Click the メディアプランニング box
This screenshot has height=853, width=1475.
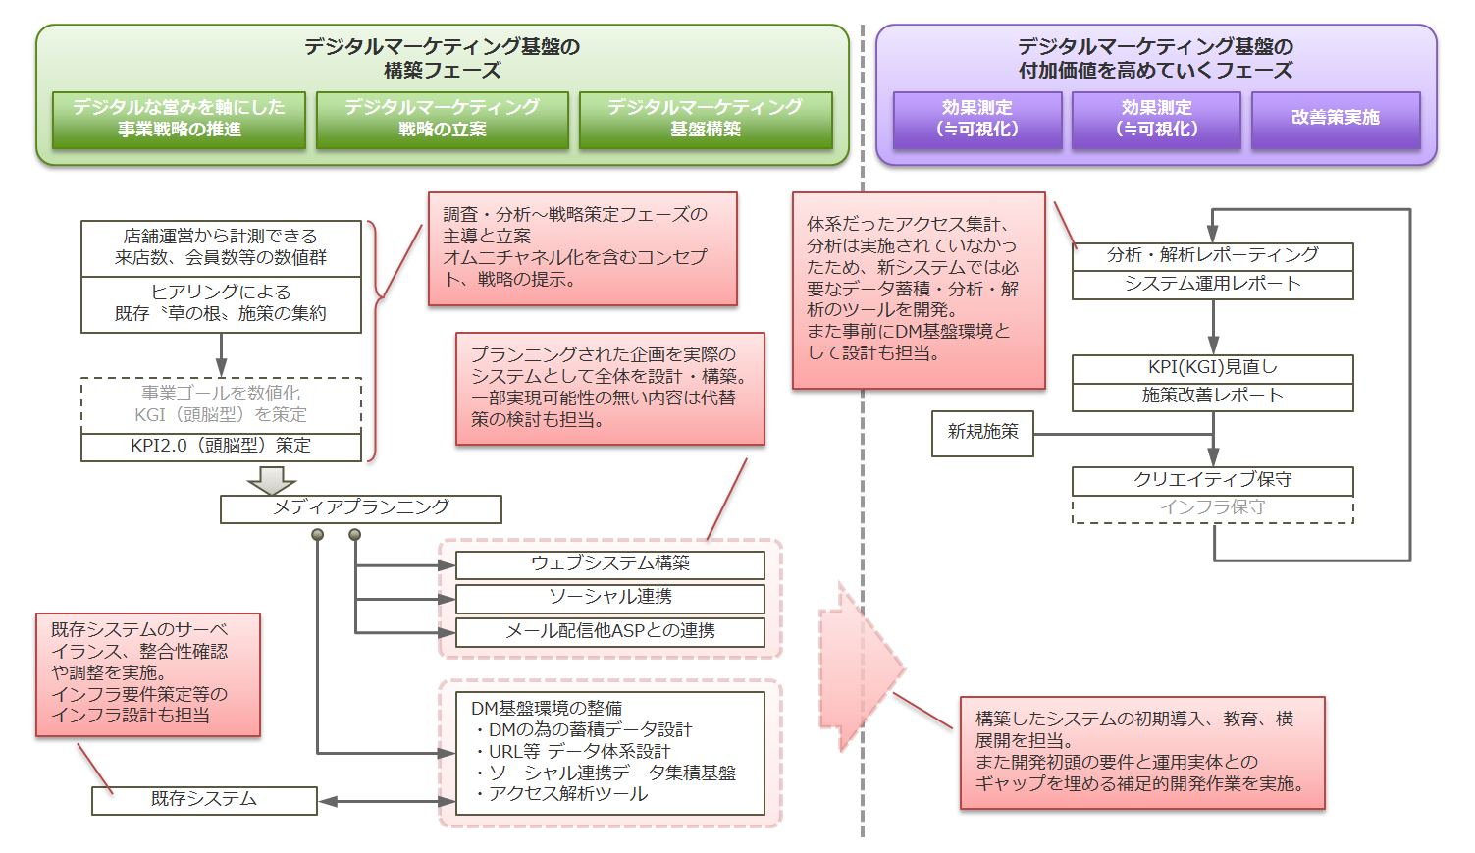coord(360,508)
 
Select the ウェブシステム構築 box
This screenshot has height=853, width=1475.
coord(609,564)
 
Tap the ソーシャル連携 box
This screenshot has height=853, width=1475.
coord(609,598)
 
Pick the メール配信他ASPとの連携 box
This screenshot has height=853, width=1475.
coord(609,632)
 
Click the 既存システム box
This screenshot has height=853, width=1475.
coord(204,800)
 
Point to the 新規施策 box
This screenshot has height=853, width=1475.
coord(982,433)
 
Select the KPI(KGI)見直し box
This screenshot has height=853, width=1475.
coord(1212,368)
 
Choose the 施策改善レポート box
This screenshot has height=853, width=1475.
coord(1212,397)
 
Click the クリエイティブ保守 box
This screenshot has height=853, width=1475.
coord(1212,481)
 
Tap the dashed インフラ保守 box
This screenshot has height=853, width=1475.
coord(1212,508)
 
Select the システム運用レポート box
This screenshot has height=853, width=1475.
coord(1212,285)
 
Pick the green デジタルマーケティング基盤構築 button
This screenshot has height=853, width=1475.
coord(705,119)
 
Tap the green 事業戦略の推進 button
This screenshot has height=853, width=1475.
coord(179,119)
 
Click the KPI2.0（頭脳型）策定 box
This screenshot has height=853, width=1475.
coord(221,447)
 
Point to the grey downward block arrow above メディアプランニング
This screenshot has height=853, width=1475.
coord(272,480)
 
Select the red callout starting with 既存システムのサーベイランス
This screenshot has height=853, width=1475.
coord(148,674)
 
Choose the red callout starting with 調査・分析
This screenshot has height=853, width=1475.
coord(582,248)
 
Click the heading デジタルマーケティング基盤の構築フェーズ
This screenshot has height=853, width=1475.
coord(442,58)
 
